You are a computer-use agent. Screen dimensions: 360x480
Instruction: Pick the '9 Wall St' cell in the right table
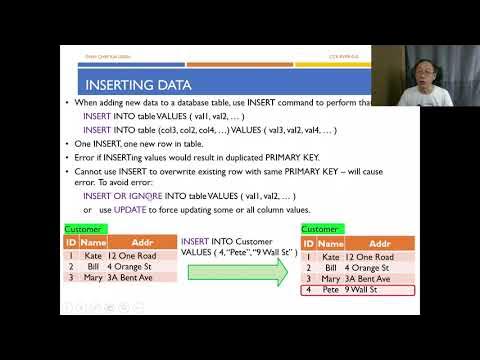tap(365, 290)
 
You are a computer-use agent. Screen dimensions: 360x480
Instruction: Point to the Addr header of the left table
tap(132, 242)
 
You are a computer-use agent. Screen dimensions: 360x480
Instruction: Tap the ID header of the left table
tap(71, 242)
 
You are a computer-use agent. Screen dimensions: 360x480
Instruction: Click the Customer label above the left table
tap(82, 229)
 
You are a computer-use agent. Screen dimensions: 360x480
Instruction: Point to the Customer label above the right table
tap(320, 229)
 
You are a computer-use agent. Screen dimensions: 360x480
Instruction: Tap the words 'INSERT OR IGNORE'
tap(123, 196)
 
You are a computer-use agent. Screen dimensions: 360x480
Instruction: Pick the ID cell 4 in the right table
tap(308, 290)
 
